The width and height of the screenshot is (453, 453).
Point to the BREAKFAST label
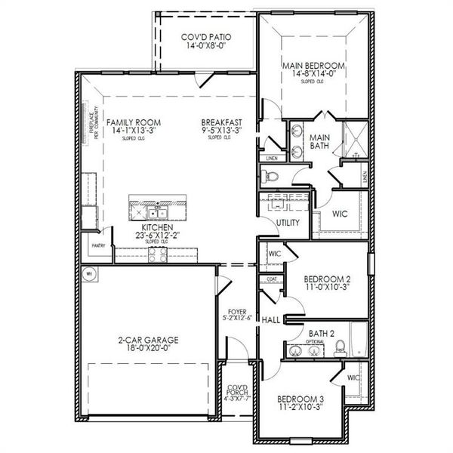tap(221, 122)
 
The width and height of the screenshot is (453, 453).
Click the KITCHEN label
tap(157, 227)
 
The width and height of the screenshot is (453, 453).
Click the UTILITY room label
tap(288, 223)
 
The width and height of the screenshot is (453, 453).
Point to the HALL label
tap(271, 320)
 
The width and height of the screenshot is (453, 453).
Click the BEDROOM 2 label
tap(326, 279)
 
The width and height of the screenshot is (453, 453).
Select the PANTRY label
tap(98, 245)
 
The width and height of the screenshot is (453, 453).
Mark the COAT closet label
tap(271, 279)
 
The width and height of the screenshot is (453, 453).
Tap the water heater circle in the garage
tap(88, 274)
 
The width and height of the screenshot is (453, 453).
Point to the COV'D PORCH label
tap(239, 393)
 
